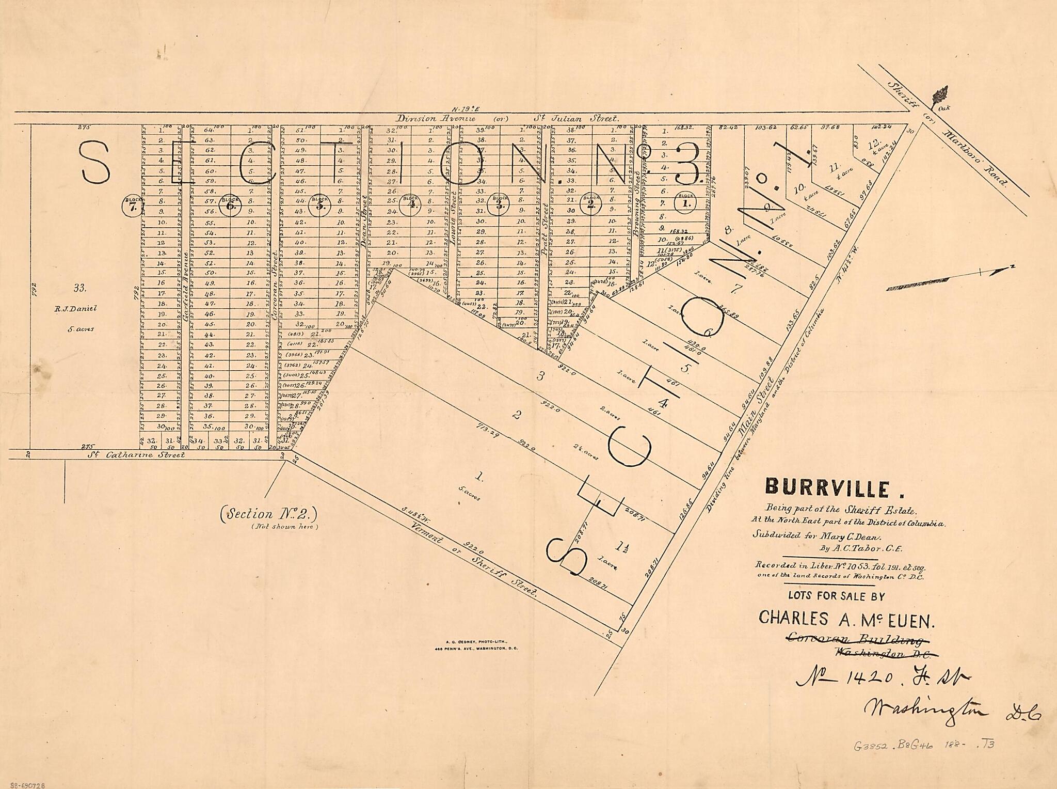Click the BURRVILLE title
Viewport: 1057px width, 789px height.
(x=820, y=488)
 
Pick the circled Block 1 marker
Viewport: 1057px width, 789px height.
(x=686, y=201)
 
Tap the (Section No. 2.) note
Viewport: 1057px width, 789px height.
(x=268, y=514)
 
